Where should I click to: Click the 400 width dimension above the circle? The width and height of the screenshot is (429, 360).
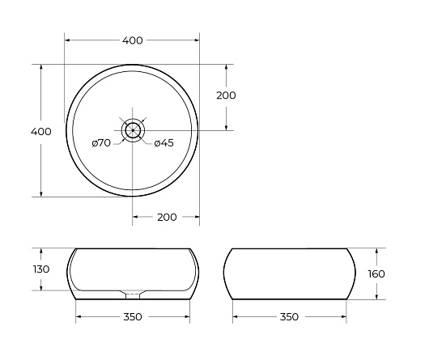tap(133, 40)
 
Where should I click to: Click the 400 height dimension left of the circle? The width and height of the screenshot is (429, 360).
tap(41, 132)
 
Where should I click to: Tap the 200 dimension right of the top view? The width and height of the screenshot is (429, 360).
tap(226, 95)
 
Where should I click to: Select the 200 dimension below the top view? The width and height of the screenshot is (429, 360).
tap(167, 218)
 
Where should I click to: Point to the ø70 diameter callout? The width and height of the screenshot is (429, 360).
tap(101, 142)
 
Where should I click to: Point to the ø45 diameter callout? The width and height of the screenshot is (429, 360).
tap(164, 143)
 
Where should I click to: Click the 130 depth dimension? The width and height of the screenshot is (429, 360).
tap(41, 269)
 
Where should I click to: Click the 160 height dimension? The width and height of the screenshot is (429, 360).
tap(376, 273)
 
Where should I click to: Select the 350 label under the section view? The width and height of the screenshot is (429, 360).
tap(133, 317)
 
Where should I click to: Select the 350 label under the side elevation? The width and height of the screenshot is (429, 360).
tap(289, 317)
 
